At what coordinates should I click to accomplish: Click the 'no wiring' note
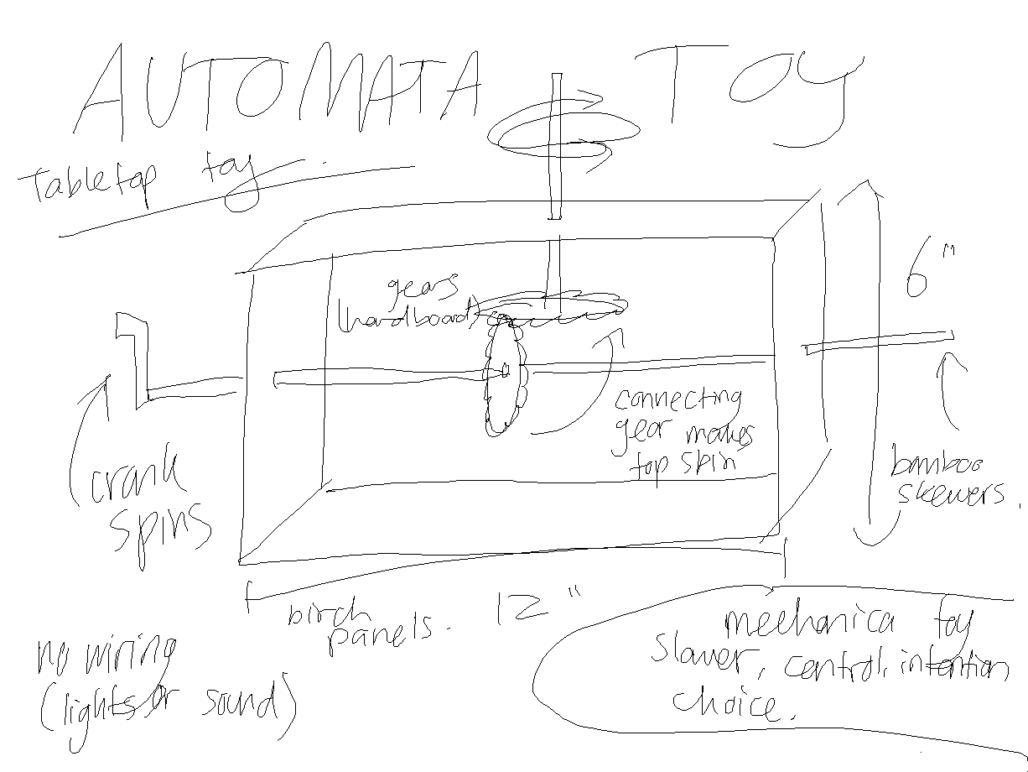(105, 660)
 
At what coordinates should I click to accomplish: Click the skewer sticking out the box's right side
(880, 342)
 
